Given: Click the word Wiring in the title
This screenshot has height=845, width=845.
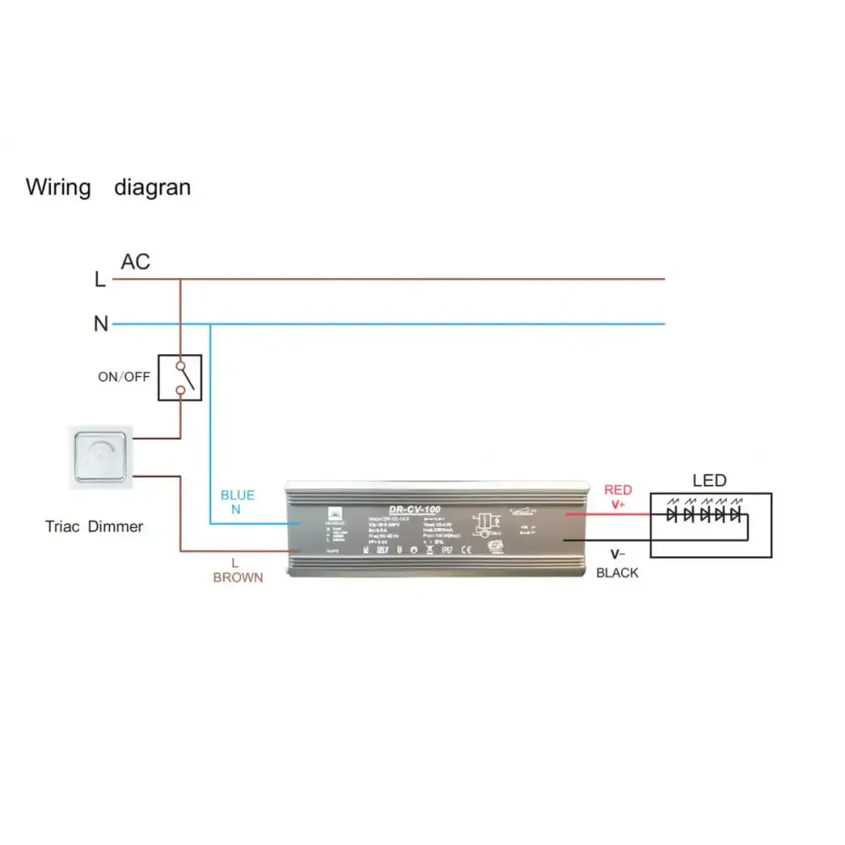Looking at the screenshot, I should tap(58, 187).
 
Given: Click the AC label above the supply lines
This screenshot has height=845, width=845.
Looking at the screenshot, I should tap(135, 262).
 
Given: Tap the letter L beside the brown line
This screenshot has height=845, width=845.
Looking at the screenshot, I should tap(100, 280).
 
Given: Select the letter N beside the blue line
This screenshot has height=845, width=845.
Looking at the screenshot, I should tap(101, 324).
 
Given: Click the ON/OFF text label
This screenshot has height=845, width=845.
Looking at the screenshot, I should tap(123, 376).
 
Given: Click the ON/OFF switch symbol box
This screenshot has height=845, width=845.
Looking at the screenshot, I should tap(180, 376).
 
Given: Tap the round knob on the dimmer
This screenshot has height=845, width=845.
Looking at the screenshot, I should tap(100, 456).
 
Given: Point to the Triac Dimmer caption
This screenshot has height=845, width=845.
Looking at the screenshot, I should tap(94, 526).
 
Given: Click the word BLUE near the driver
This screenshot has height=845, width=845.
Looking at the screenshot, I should tap(237, 495).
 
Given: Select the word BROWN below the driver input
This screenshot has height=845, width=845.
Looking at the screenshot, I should tap(237, 578).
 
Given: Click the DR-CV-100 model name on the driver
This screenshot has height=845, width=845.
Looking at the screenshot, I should tap(414, 510).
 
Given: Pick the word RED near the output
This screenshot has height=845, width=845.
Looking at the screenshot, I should tap(618, 490).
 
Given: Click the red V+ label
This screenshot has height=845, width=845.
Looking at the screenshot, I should tap(618, 504).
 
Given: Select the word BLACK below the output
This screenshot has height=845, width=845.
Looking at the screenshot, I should tap(618, 573).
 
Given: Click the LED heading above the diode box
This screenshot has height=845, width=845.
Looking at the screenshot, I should tap(709, 481).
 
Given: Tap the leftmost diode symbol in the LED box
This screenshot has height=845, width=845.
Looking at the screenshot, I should tap(674, 513).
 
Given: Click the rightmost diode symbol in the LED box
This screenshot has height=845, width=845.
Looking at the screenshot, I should tap(735, 513).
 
